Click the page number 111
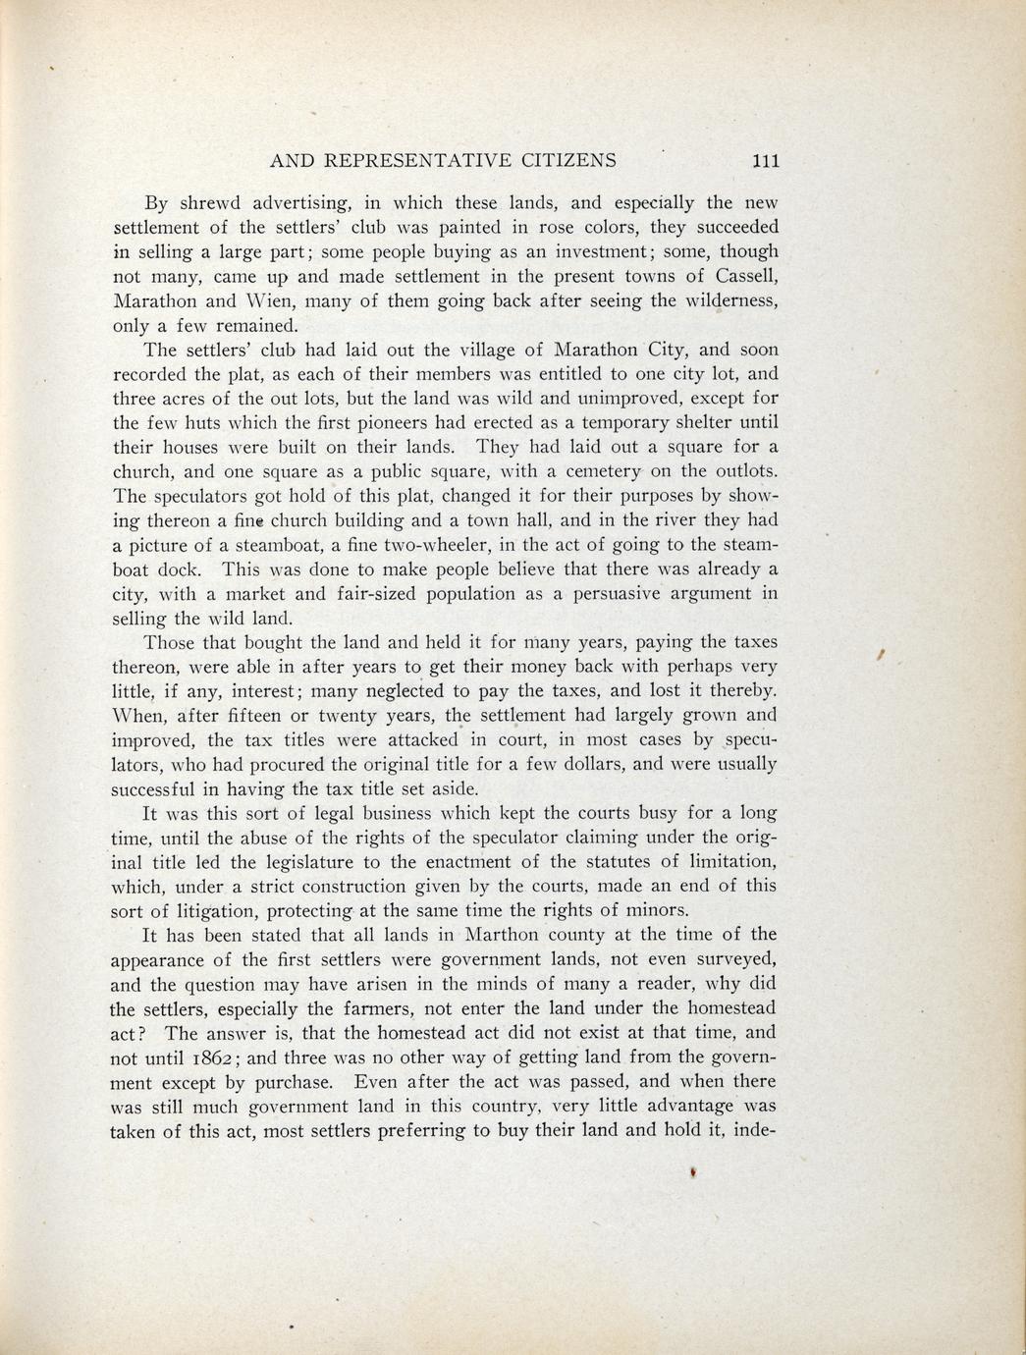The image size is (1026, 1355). (762, 161)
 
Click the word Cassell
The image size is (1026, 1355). (743, 276)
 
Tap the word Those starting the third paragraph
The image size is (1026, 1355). (171, 643)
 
